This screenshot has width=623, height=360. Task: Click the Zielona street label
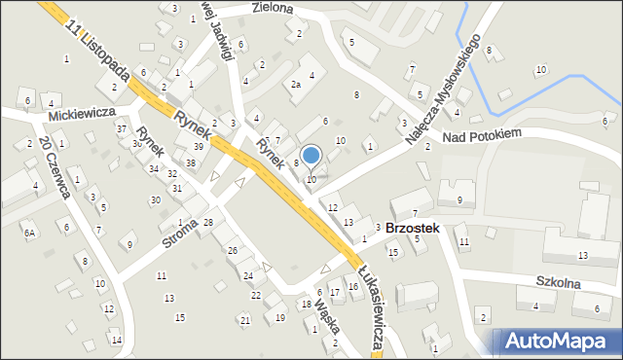click(272, 8)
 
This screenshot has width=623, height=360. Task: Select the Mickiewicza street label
click(82, 113)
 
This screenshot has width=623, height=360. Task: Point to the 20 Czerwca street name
click(54, 167)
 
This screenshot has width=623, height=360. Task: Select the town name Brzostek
click(413, 228)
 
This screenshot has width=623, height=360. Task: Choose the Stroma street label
click(179, 234)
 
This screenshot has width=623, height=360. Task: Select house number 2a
click(297, 85)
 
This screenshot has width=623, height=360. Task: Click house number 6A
click(30, 233)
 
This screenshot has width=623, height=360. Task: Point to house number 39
click(198, 146)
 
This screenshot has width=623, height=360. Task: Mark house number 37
click(122, 129)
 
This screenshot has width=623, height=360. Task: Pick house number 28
click(207, 223)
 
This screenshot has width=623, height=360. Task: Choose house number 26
click(232, 251)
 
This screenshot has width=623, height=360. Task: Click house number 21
click(244, 320)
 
